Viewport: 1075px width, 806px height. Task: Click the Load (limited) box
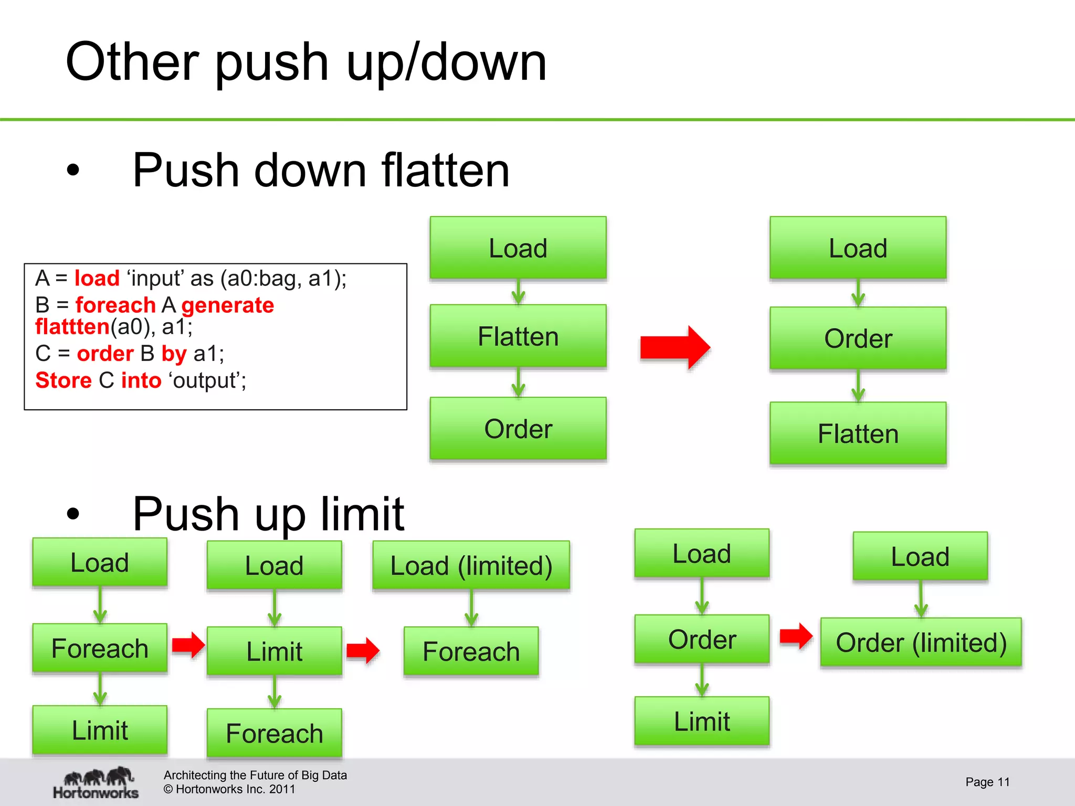471,565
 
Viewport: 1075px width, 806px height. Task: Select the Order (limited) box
921,642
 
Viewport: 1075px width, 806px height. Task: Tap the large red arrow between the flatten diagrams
675,347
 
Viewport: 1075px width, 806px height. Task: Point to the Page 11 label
987,782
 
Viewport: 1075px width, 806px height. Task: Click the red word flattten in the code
72,327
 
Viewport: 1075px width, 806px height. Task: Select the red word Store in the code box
63,380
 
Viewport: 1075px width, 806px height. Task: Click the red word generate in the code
227,305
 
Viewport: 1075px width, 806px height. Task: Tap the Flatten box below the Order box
858,433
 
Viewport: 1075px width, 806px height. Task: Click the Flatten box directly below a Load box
518,336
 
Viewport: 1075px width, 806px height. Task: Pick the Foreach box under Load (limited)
471,651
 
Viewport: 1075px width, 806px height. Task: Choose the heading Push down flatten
320,170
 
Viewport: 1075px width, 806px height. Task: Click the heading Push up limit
268,514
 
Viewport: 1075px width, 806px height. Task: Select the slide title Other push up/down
306,62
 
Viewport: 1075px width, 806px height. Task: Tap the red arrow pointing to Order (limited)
796,636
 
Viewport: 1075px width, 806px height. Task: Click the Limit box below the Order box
701,721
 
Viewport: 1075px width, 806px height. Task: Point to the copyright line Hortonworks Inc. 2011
229,789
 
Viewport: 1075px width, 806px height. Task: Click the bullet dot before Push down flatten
73,170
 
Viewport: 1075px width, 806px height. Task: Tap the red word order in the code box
105,353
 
